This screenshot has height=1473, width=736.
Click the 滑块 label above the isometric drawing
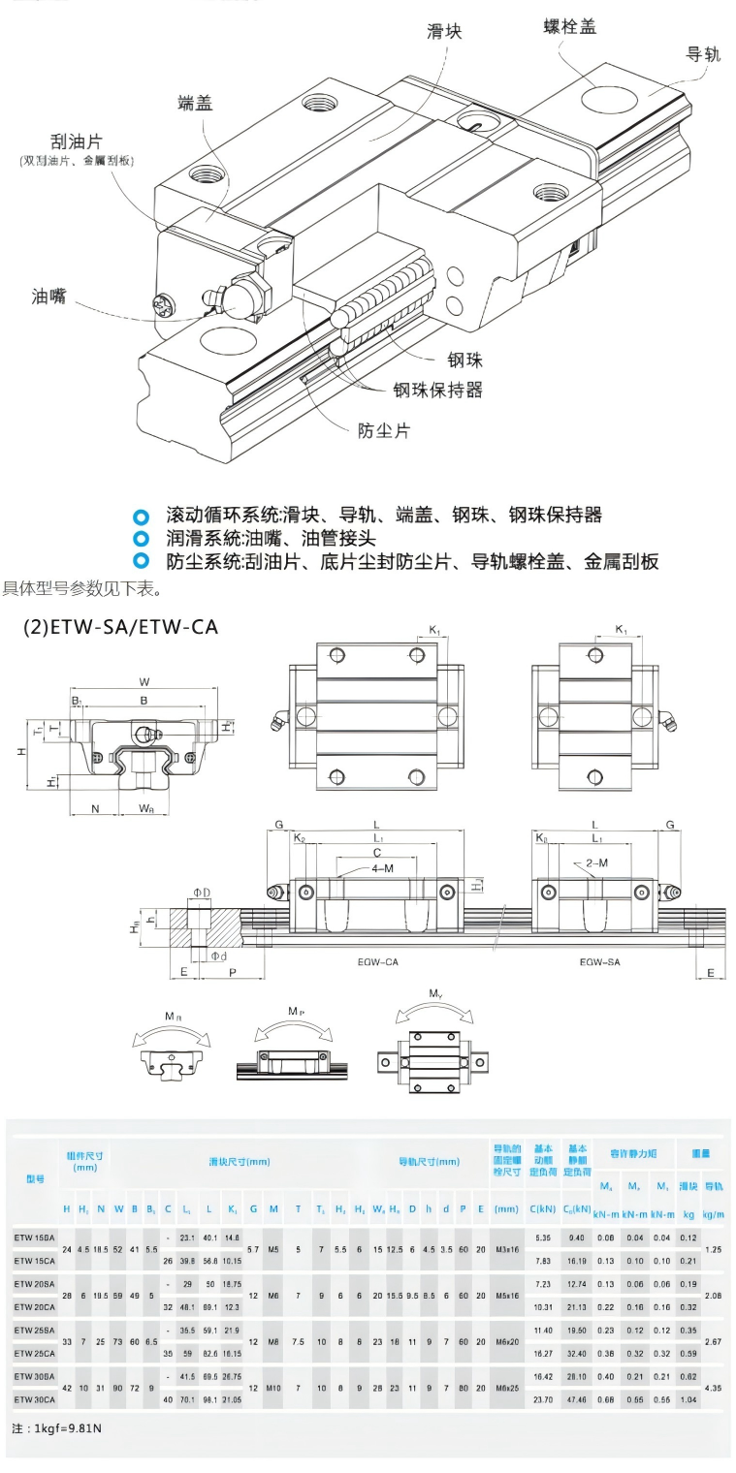(445, 32)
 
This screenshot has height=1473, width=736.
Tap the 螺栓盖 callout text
(569, 27)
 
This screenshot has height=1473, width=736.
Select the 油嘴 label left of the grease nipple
(48, 297)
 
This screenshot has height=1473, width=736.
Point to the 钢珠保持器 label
(437, 390)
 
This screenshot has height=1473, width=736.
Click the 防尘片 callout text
(384, 430)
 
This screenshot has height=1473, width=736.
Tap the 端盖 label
(195, 104)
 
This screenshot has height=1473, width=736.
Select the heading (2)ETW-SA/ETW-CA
(120, 627)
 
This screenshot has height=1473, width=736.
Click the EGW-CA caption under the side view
(378, 962)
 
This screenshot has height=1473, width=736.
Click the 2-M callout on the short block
(597, 862)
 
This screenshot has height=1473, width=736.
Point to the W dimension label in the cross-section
(144, 681)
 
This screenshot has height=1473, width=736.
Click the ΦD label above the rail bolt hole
(202, 891)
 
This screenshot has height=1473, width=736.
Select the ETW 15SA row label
(35, 1238)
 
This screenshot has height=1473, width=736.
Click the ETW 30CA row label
(35, 1398)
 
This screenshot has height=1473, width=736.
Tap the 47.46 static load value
(576, 1398)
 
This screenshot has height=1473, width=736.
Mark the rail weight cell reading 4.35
(713, 1388)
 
